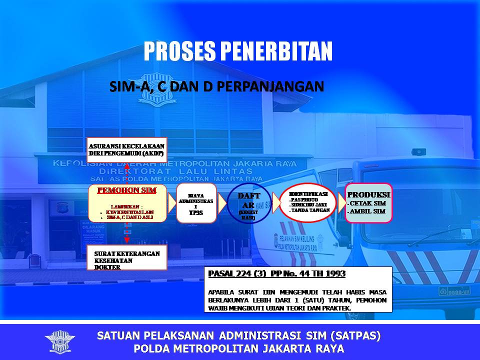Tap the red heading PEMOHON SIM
127,190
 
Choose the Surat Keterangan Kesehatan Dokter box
127,259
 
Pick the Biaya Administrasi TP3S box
195,202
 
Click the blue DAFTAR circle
248,203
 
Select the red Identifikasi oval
308,202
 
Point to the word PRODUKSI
368,194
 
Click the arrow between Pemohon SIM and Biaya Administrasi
171,202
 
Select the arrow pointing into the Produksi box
340,202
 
